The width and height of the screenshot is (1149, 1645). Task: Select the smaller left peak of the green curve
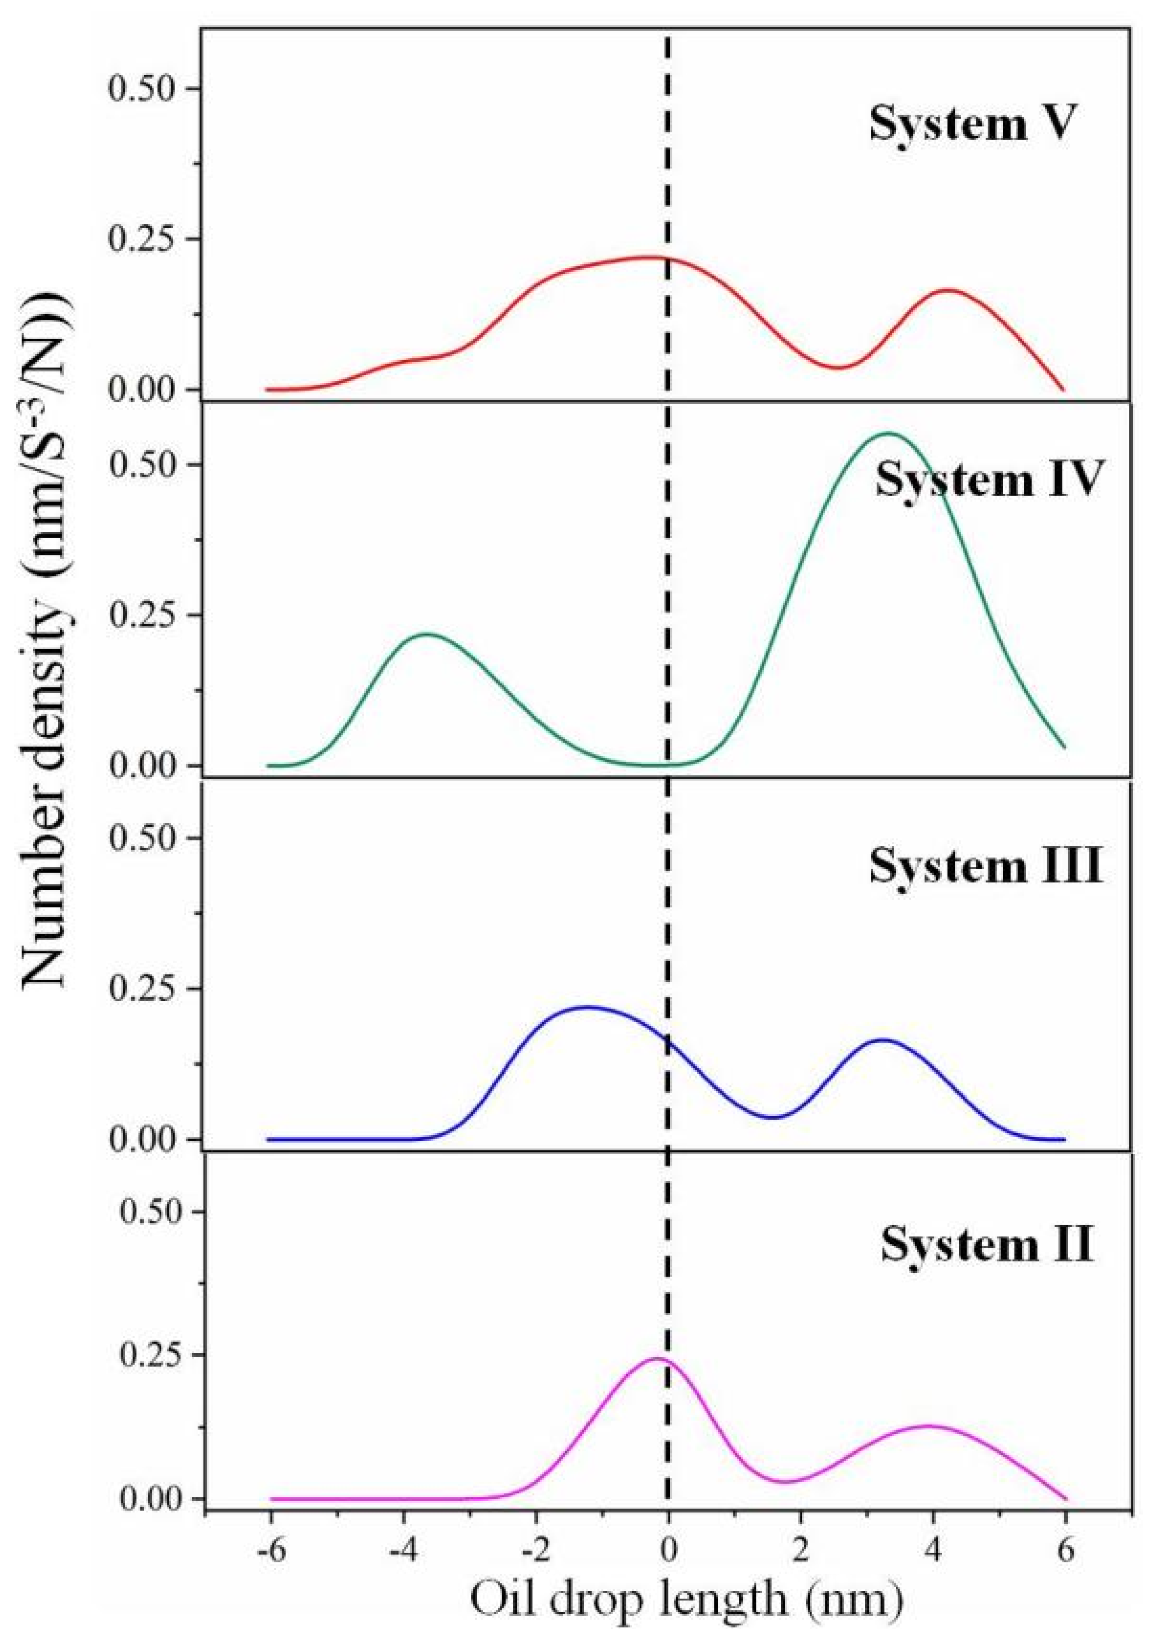(x=427, y=634)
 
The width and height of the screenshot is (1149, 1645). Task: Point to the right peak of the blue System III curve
(x=881, y=1040)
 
